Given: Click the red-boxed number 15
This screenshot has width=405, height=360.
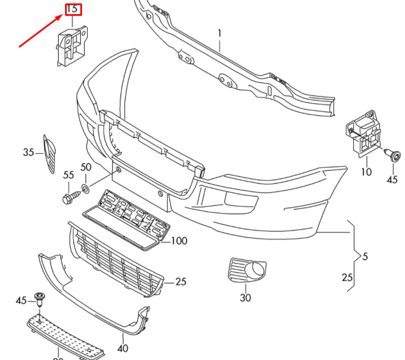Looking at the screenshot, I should pyautogui.click(x=73, y=10).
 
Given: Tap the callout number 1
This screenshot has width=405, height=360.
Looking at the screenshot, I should pyautogui.click(x=219, y=33).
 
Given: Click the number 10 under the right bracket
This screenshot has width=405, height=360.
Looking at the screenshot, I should pyautogui.click(x=366, y=171).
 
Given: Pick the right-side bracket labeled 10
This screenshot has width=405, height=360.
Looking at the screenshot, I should pyautogui.click(x=364, y=136).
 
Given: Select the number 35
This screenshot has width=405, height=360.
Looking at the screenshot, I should pyautogui.click(x=29, y=152).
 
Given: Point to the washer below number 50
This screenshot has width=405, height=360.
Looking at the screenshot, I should pyautogui.click(x=85, y=187).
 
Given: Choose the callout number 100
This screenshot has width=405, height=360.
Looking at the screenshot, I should pyautogui.click(x=179, y=241).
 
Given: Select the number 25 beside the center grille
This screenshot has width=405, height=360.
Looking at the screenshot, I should pyautogui.click(x=181, y=281).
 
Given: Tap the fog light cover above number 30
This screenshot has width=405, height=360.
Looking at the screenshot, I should pyautogui.click(x=247, y=270).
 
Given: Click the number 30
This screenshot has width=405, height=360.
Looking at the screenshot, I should pyautogui.click(x=245, y=298).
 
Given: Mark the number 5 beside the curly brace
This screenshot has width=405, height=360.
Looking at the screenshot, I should pyautogui.click(x=365, y=257).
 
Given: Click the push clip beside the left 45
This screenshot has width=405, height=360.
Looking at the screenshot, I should pyautogui.click(x=40, y=299).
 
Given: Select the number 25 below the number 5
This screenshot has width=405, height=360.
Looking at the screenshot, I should pyautogui.click(x=347, y=277).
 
